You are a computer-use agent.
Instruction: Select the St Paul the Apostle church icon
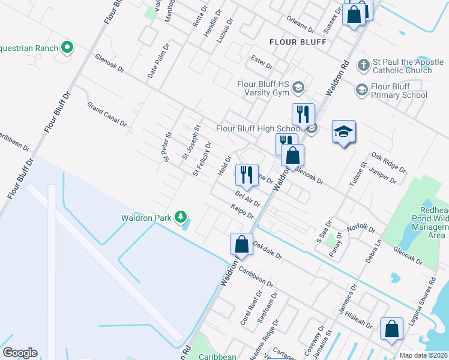(x=363, y=64)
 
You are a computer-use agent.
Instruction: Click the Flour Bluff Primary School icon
(x=361, y=90)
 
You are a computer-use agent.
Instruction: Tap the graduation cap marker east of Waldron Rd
(x=344, y=132)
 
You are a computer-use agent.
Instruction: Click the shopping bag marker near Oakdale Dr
(x=241, y=245)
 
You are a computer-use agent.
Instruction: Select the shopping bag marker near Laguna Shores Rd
(x=391, y=329)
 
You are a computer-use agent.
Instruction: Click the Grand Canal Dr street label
(x=107, y=115)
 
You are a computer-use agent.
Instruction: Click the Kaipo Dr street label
(x=243, y=211)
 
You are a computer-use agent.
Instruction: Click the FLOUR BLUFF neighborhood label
(x=298, y=42)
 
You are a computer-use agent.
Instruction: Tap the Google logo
(x=20, y=353)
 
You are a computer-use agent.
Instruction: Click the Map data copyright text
(x=424, y=355)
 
